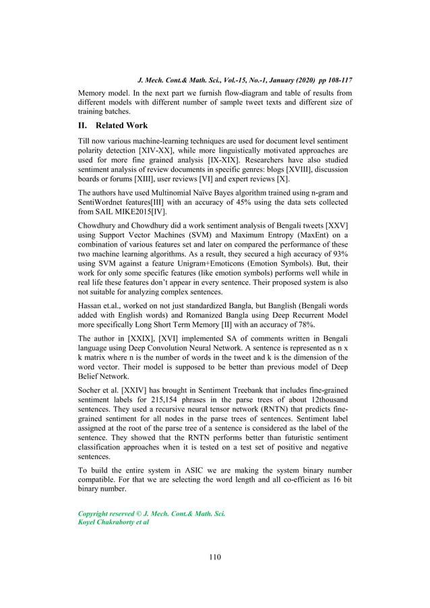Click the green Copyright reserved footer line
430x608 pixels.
point(152,513)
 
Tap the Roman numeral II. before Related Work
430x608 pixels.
point(84,125)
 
